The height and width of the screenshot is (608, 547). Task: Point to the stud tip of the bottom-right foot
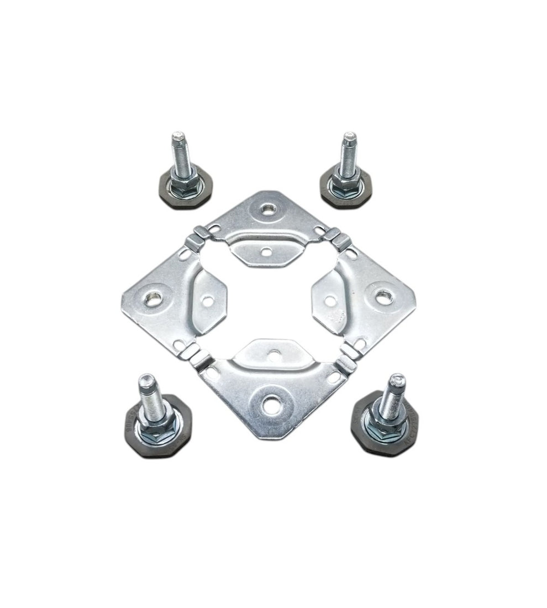point(397,380)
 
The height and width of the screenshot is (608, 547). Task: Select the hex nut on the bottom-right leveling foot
point(387,423)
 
